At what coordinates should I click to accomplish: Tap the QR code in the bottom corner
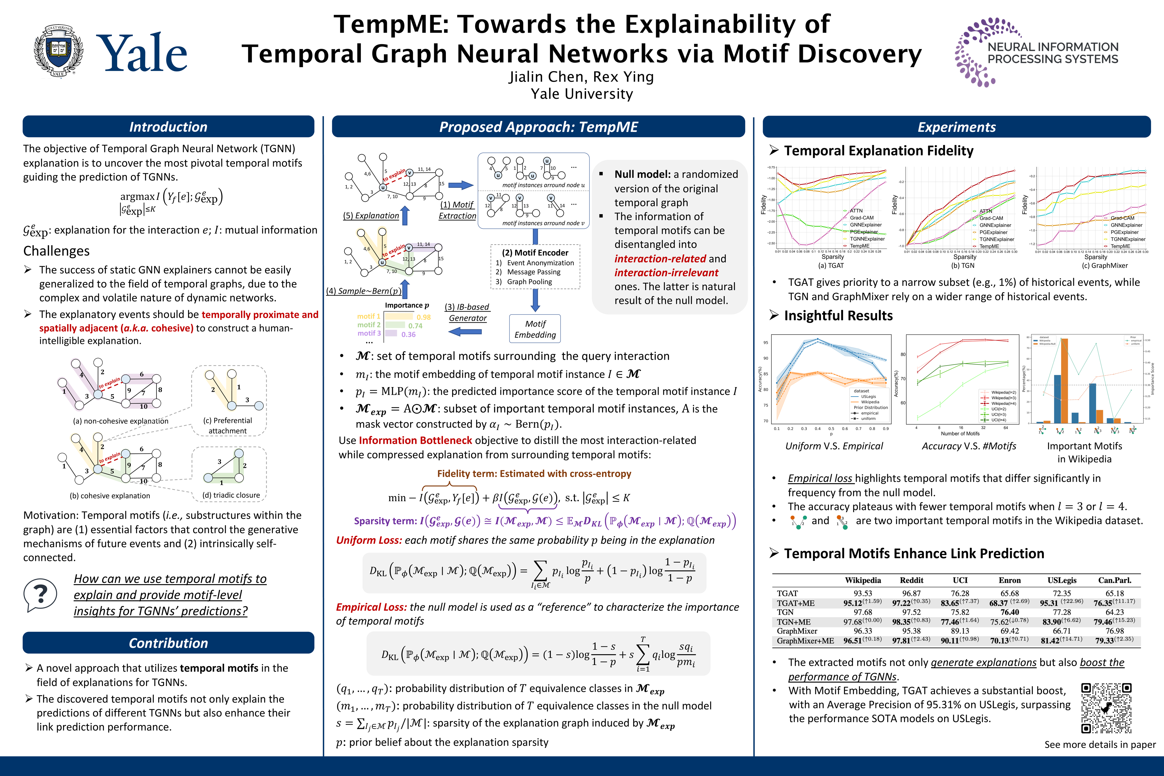1106,708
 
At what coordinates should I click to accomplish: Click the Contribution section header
168,643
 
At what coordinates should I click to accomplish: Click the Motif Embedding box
535,329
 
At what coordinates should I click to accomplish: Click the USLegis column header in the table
1062,580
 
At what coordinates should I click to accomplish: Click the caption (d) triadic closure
231,495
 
